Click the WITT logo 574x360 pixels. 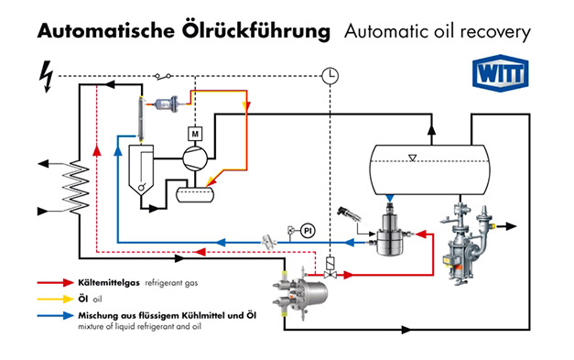tap(501, 73)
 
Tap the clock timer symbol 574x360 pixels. tap(330, 76)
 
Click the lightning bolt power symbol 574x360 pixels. tap(47, 77)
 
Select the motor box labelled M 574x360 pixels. tap(195, 134)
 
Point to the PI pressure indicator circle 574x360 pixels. tap(308, 231)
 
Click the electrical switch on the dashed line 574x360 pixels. tap(163, 76)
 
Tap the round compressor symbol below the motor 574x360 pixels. tap(195, 158)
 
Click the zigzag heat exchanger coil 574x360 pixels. tap(76, 187)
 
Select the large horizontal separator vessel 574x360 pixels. tap(429, 169)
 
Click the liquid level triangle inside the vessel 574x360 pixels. tap(413, 158)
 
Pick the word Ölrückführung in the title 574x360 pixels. tap(256, 30)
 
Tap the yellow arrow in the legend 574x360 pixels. tap(56, 299)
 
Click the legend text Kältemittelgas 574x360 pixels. tap(109, 283)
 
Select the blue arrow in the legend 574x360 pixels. tap(56, 315)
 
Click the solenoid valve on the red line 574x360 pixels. tap(330, 268)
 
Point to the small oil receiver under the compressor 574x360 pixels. tap(195, 194)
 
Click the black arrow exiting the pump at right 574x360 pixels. tap(506, 226)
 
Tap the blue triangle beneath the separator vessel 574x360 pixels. tap(390, 198)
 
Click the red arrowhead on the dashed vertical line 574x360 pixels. tap(97, 150)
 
